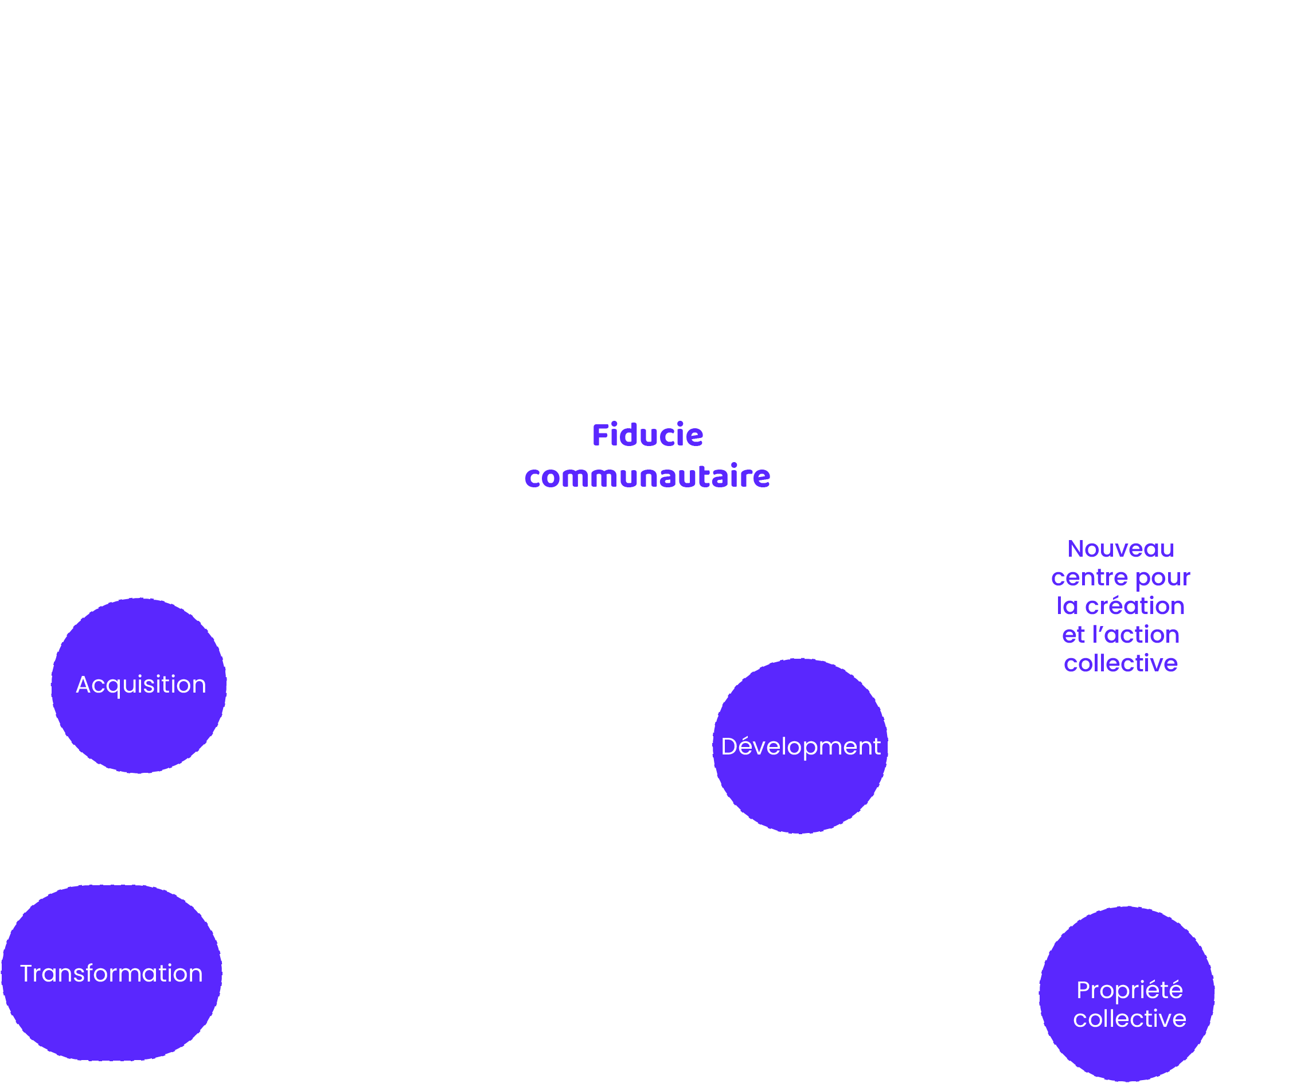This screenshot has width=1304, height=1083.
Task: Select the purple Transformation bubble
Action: pyautogui.click(x=111, y=973)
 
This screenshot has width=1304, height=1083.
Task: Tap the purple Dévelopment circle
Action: pyautogui.click(x=801, y=746)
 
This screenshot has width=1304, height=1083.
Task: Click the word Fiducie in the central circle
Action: pyautogui.click(x=647, y=435)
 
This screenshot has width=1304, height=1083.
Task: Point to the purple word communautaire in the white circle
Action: pyautogui.click(x=647, y=476)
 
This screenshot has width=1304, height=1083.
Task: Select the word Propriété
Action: pyautogui.click(x=1129, y=990)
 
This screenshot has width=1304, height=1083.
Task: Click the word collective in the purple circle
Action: pyautogui.click(x=1129, y=1018)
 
